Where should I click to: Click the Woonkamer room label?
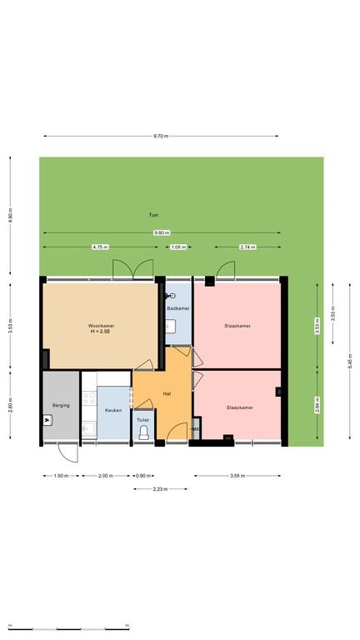tap(101, 326)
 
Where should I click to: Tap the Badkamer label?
tap(178, 308)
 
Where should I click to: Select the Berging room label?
tap(61, 405)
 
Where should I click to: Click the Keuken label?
tap(113, 410)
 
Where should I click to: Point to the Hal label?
tap(167, 394)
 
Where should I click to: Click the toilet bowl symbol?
tap(143, 433)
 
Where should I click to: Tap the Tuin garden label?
tap(153, 215)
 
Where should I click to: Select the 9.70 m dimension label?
tap(161, 137)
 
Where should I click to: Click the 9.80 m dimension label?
tap(162, 232)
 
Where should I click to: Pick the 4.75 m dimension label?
tap(100, 247)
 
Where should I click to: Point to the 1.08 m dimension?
tap(178, 247)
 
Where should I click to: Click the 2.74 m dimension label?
tap(247, 247)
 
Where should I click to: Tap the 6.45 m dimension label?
tap(350, 361)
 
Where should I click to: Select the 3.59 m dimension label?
tap(237, 476)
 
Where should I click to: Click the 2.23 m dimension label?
tap(160, 488)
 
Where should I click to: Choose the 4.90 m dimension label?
tap(11, 216)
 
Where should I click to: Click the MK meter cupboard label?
tap(196, 429)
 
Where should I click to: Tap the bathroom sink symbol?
tap(171, 326)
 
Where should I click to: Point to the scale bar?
tap(68, 628)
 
